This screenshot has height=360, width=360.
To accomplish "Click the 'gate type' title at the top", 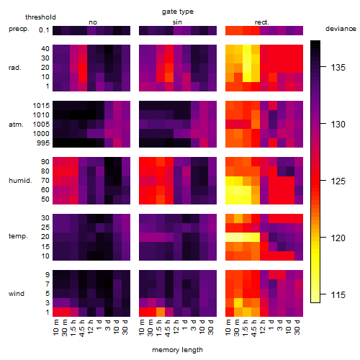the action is point(178,12).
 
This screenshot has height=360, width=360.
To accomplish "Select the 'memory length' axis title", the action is point(177,350).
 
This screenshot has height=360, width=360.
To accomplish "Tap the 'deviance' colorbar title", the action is point(341,29).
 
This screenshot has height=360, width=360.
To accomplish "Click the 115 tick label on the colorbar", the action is point(338,294).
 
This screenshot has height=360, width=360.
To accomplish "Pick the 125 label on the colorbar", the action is point(338,181).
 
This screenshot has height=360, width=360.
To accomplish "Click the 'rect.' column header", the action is point(262,22).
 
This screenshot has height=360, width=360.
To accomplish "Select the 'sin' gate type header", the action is point(177,22).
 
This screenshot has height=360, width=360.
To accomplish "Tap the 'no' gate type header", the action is point(93,22).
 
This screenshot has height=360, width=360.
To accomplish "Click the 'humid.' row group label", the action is point(20,181).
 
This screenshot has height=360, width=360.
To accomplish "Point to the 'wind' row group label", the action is point(17,293).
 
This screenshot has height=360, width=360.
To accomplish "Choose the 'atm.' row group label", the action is point(16,125).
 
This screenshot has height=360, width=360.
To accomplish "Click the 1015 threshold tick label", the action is point(41,106).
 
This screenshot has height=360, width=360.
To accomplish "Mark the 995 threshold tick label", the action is point(43,143).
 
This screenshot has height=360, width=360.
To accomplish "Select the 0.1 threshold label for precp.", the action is point(44,30).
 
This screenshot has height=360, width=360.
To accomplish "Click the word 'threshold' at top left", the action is point(40,17).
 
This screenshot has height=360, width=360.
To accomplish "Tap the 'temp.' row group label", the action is point(18,236).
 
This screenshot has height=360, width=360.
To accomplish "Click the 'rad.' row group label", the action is point(15,68).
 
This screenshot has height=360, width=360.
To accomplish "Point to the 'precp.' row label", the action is point(19,29).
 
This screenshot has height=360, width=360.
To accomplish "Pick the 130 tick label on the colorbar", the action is point(338,125).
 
